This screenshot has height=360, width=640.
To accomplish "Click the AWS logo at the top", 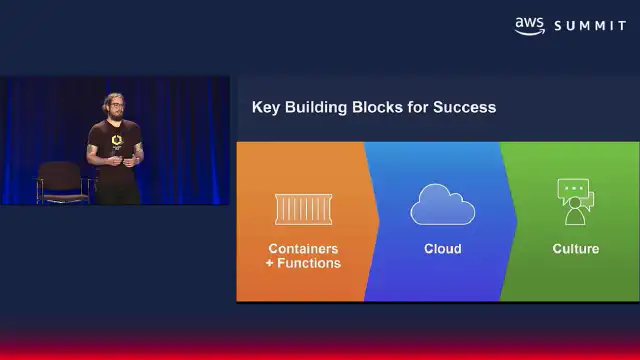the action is [x=529, y=26].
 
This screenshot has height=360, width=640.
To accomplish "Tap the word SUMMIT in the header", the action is [x=590, y=26].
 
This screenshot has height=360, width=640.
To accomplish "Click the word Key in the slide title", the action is [x=265, y=107].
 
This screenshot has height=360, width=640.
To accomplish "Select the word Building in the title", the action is [x=316, y=107].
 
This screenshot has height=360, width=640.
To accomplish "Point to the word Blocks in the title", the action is [x=371, y=107].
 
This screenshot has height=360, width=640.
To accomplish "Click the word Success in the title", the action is [x=464, y=107].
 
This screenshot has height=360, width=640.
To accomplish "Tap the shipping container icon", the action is [x=303, y=209].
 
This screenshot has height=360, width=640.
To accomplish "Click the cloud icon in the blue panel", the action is [x=442, y=204].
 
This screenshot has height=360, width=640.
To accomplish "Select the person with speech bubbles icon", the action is [x=576, y=202].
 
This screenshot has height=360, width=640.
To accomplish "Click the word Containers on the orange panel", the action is [x=303, y=249].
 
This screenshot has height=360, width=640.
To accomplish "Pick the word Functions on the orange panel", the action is [x=309, y=263].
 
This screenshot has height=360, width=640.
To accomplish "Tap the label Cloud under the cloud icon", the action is [x=442, y=249].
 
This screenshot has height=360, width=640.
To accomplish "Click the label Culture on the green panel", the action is [x=576, y=249].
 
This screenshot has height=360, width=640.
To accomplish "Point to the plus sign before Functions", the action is [x=269, y=263].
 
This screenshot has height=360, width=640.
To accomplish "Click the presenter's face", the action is [x=116, y=108].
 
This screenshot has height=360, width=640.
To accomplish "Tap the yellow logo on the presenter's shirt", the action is [x=117, y=140].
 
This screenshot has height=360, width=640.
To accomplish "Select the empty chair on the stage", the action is [x=61, y=182].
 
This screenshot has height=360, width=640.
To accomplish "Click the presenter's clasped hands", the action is [x=122, y=160].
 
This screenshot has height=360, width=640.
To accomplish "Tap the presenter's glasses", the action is [x=116, y=105].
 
